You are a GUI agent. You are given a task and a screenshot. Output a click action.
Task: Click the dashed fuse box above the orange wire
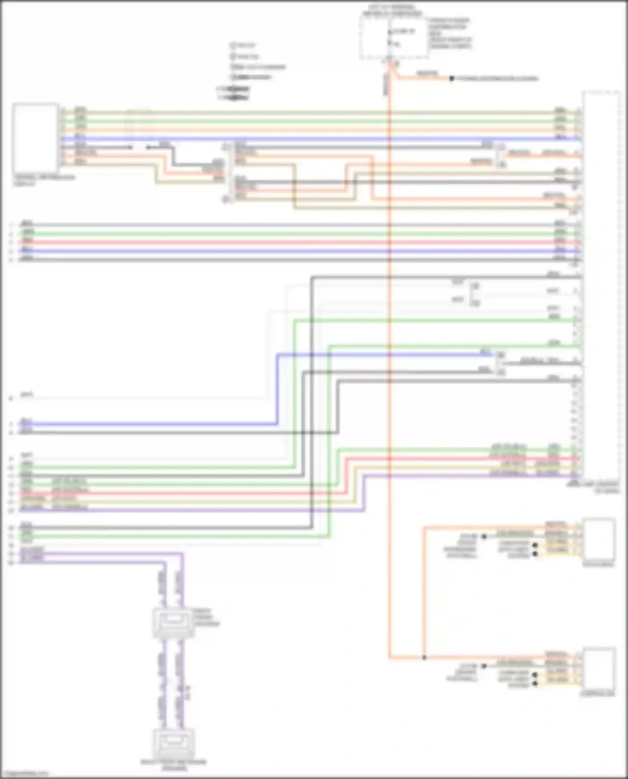pos(394,38)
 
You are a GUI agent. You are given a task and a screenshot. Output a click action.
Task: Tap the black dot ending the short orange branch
pos(451,78)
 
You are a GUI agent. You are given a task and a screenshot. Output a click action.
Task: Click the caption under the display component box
pos(44,180)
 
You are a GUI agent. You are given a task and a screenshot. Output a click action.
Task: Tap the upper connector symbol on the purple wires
pos(173,622)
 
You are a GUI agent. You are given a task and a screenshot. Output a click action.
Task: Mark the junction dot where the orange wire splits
pos(424,658)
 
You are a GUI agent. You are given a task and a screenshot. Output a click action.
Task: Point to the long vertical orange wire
pos(389,377)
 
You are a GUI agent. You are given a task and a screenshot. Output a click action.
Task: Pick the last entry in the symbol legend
pos(234,98)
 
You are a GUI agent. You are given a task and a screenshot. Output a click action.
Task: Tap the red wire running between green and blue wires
pos(293,242)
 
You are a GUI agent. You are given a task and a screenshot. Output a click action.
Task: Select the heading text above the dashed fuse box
pos(393,10)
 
